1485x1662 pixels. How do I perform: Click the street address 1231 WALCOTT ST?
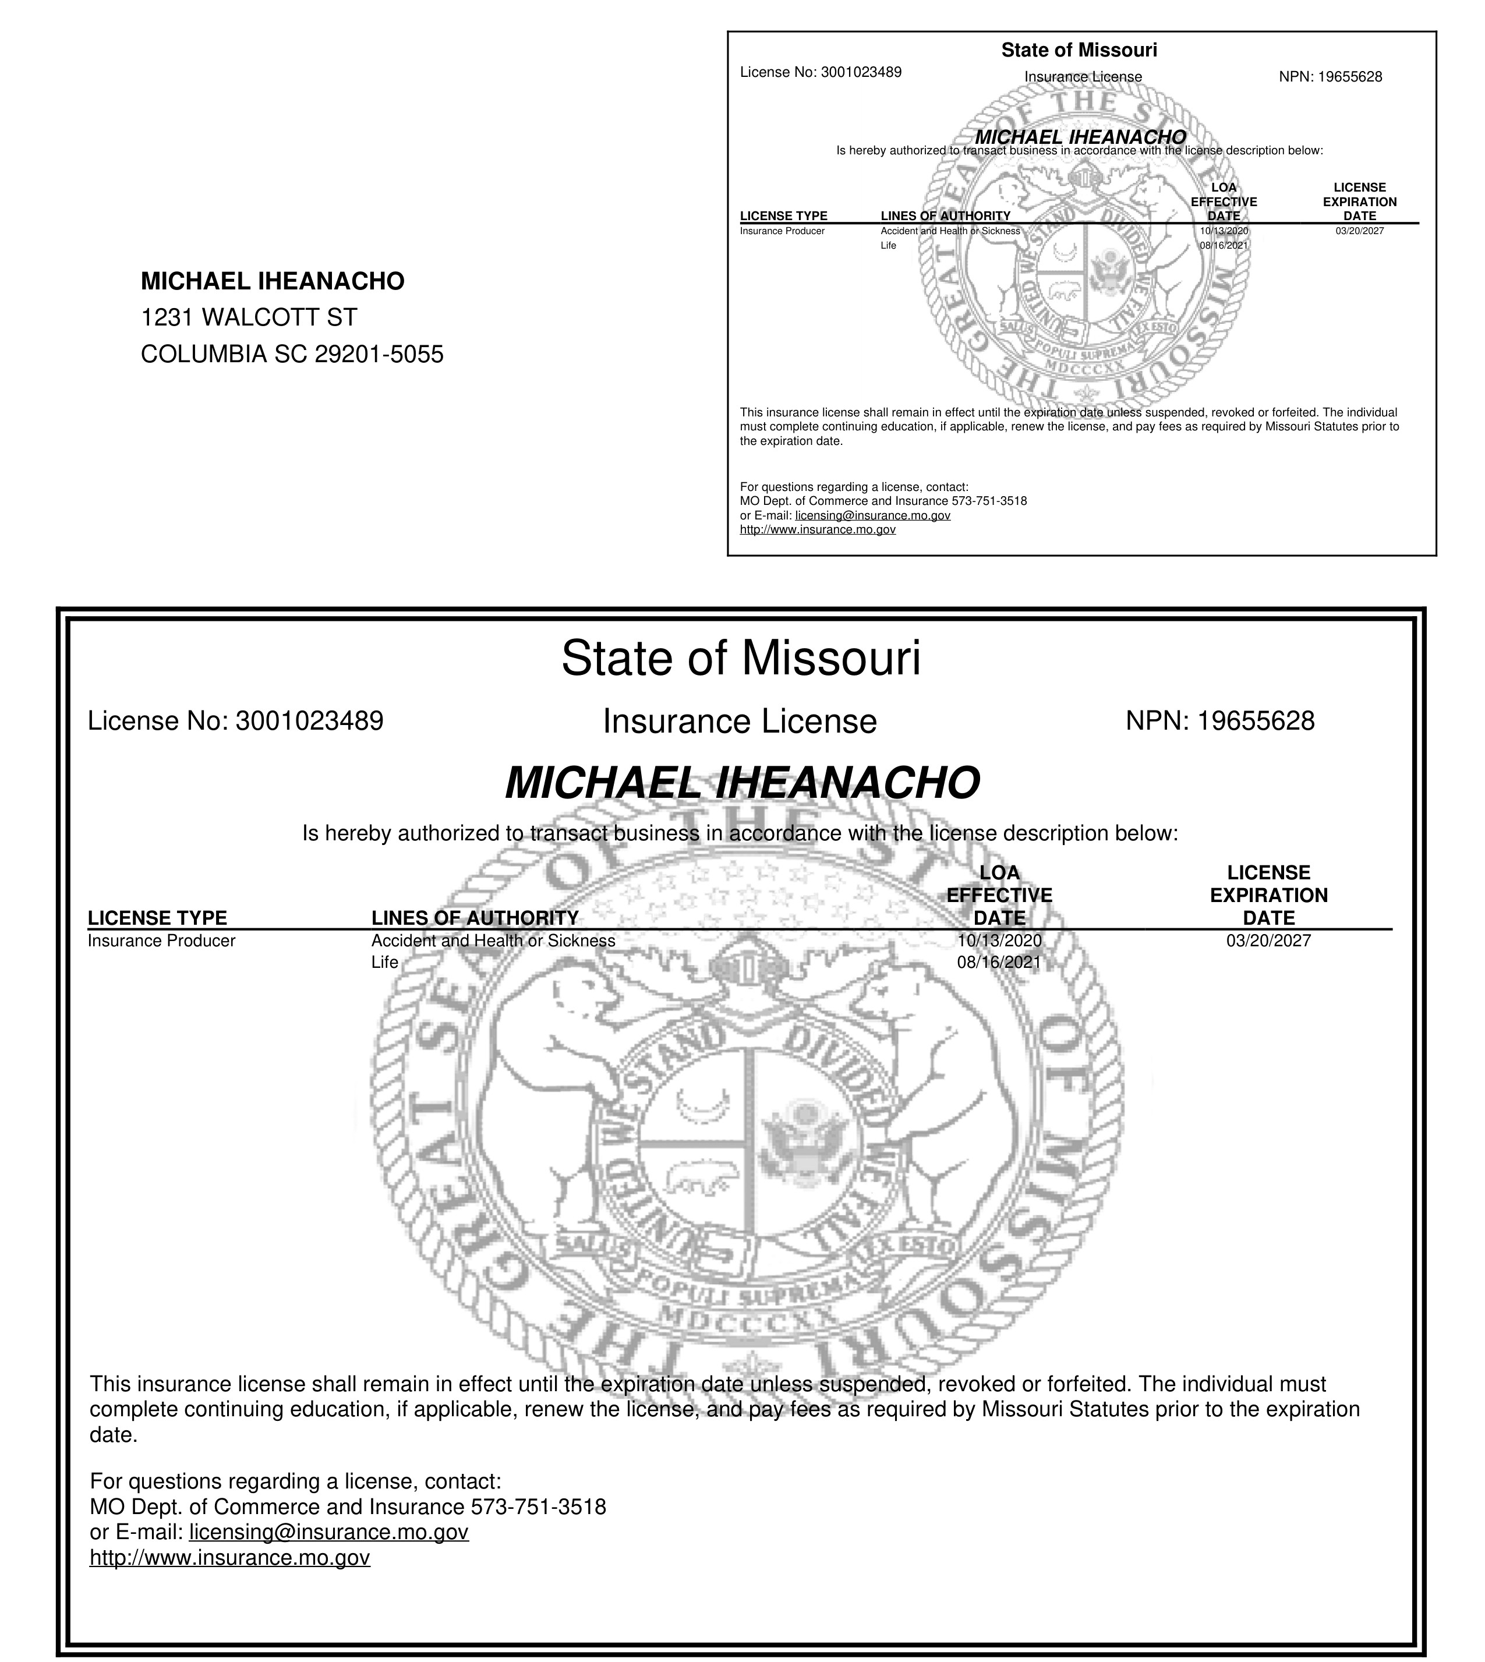(x=249, y=317)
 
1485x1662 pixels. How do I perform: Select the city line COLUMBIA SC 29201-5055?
(x=292, y=354)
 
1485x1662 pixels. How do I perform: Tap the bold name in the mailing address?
(x=273, y=281)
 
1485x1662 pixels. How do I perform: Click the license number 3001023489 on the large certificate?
(x=309, y=722)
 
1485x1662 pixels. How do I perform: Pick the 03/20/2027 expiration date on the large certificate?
(x=1268, y=940)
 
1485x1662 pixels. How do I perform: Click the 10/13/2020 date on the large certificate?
(x=999, y=940)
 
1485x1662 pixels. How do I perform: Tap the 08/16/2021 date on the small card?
(x=1224, y=245)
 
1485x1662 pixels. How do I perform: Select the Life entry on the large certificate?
(x=384, y=963)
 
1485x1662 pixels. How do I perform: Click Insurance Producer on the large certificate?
(x=161, y=940)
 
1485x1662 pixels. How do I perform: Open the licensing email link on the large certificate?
(x=329, y=1532)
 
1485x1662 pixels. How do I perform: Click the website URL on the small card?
(x=818, y=529)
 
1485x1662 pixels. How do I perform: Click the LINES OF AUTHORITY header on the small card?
(x=946, y=216)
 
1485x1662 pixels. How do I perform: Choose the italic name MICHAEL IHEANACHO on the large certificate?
(x=742, y=783)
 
